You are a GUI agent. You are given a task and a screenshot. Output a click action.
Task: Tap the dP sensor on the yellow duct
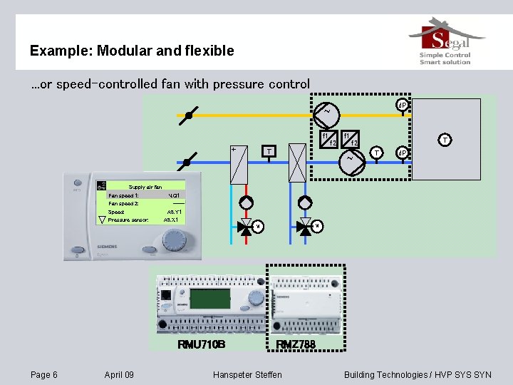(402, 106)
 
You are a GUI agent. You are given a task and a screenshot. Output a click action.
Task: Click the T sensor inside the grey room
(445, 140)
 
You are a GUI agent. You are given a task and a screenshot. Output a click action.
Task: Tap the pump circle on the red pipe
(246, 203)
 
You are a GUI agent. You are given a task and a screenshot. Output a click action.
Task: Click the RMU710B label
(201, 344)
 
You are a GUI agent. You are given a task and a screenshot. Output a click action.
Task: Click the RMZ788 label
(296, 344)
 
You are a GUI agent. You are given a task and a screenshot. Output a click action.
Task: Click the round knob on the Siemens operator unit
(174, 241)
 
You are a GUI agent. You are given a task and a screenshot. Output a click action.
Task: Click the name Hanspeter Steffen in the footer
(247, 374)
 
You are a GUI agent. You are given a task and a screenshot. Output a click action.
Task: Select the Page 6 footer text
(44, 374)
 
